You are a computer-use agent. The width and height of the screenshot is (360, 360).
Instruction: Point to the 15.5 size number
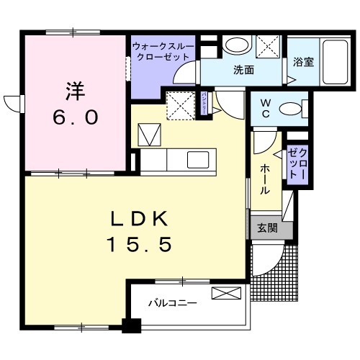click(140, 246)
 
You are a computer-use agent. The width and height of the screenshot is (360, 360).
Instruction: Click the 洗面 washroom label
click(243, 71)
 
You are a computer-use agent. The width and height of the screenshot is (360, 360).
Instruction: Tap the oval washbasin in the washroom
click(235, 45)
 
